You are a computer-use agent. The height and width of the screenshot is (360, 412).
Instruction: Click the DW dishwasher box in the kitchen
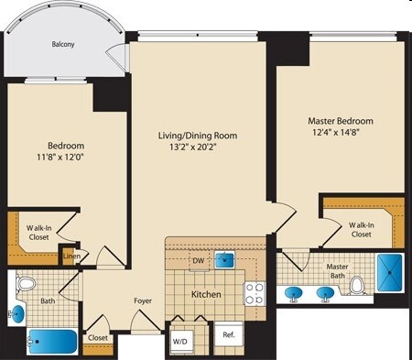198,260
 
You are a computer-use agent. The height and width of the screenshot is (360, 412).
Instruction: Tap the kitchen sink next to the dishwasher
223,260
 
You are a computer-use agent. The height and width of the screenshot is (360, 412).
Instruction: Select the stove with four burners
255,293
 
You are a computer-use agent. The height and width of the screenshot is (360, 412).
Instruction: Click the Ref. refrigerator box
229,335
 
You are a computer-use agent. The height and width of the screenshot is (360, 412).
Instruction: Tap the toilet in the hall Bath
25,284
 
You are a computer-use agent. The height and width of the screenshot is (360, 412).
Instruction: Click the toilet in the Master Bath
358,286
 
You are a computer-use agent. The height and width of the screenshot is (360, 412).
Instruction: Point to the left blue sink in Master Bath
295,294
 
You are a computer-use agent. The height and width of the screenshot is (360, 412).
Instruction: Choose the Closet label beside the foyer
98,338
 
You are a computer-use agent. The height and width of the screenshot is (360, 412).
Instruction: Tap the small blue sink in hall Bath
17,314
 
